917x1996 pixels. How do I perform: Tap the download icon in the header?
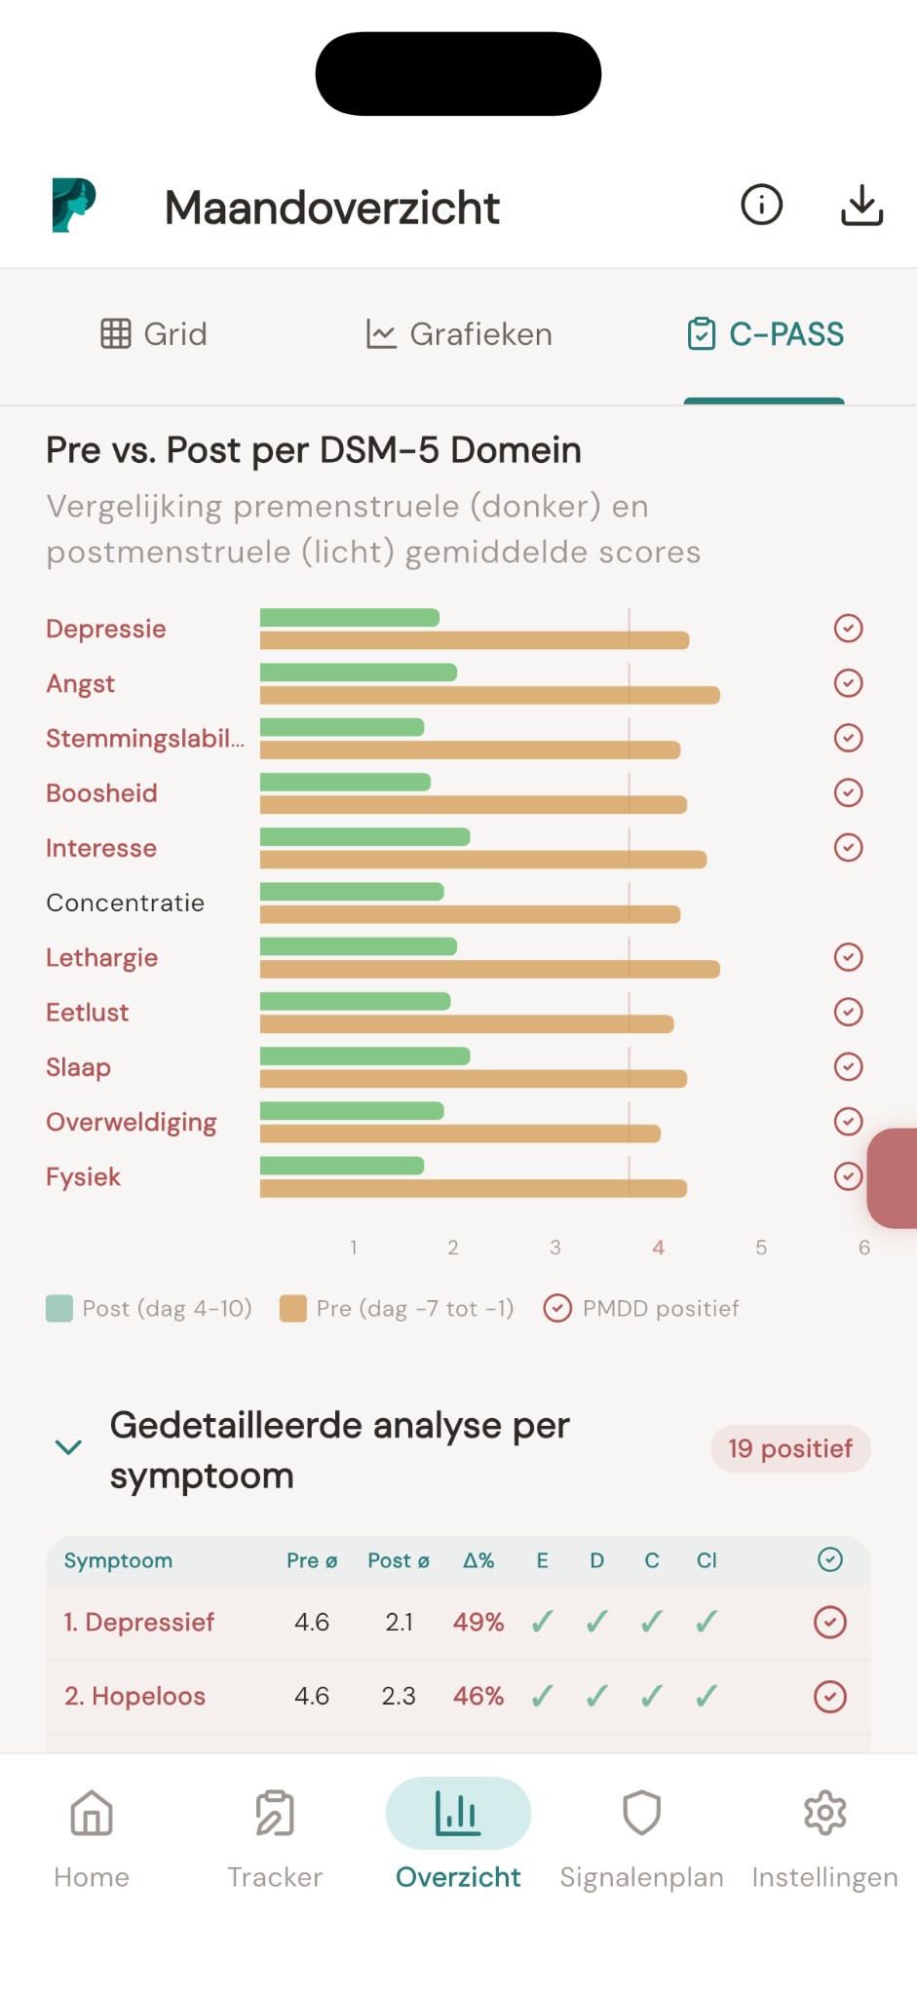(861, 206)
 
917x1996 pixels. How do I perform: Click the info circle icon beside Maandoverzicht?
(761, 206)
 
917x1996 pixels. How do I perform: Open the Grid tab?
(154, 334)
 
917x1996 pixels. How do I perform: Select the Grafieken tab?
(458, 334)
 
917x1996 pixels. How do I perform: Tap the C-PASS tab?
(765, 334)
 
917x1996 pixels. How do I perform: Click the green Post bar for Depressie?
(349, 617)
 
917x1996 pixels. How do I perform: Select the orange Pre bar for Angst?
(489, 695)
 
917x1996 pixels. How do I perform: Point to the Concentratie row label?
(125, 902)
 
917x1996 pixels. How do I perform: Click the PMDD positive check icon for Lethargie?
(848, 957)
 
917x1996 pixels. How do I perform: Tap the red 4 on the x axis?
(659, 1247)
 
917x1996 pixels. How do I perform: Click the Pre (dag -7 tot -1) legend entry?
(397, 1308)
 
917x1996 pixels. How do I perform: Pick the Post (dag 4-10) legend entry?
(149, 1308)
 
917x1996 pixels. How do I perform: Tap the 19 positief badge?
(790, 1449)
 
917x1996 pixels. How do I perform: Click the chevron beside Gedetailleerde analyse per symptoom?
(68, 1447)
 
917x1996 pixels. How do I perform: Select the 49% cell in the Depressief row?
(478, 1622)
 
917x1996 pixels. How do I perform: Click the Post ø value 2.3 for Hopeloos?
(398, 1696)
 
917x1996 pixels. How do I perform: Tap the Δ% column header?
(478, 1560)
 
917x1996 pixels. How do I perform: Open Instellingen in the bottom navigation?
(824, 1836)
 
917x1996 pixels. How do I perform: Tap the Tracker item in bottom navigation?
(275, 1836)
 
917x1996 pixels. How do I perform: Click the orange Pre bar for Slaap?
(473, 1079)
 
